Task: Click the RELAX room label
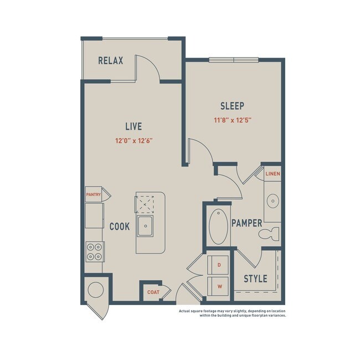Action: point(110,61)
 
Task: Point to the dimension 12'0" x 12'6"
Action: point(133,141)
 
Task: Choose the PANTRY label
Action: point(93,194)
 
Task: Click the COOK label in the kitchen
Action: point(120,226)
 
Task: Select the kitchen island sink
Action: point(146,225)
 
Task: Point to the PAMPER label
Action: point(246,223)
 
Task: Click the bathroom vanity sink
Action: point(272,200)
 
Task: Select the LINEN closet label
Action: point(272,174)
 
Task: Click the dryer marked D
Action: point(219,266)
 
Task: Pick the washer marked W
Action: point(219,286)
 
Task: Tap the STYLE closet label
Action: point(255,279)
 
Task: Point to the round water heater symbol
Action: point(95,290)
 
